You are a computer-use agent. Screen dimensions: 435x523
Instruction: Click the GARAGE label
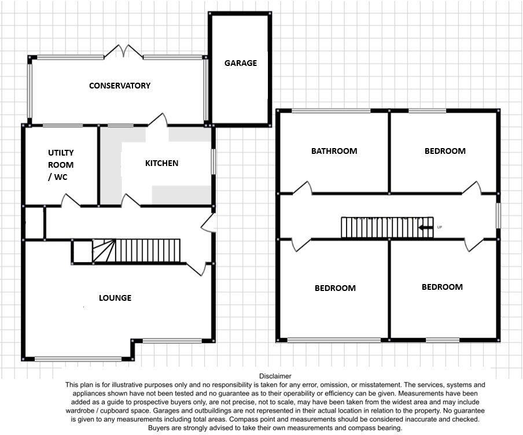coord(240,63)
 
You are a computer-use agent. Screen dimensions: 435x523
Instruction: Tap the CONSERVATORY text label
coord(120,86)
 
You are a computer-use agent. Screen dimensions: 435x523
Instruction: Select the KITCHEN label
coord(161,163)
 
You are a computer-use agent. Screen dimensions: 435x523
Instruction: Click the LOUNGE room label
coord(115,298)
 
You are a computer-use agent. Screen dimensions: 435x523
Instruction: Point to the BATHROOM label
coord(334,151)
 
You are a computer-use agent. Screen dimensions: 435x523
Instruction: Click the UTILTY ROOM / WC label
coord(61,165)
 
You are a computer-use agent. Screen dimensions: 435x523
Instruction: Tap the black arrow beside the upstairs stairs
coord(426,227)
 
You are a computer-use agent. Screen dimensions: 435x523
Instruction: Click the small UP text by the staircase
coord(440,227)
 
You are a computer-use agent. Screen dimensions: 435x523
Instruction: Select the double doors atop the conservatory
coord(124,52)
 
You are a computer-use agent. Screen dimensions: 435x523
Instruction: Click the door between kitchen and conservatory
coord(157,120)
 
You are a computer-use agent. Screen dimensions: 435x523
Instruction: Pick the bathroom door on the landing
coord(302,189)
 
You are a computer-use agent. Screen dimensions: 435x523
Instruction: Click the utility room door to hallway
coord(71,200)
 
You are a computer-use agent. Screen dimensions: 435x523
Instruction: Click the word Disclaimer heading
coord(275,376)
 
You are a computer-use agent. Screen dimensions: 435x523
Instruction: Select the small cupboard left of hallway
coord(34,222)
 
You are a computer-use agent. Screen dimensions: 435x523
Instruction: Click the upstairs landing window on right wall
coord(498,215)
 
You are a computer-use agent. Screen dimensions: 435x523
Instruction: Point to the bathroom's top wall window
coord(331,110)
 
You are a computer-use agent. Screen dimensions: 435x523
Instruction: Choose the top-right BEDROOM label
coord(445,151)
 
